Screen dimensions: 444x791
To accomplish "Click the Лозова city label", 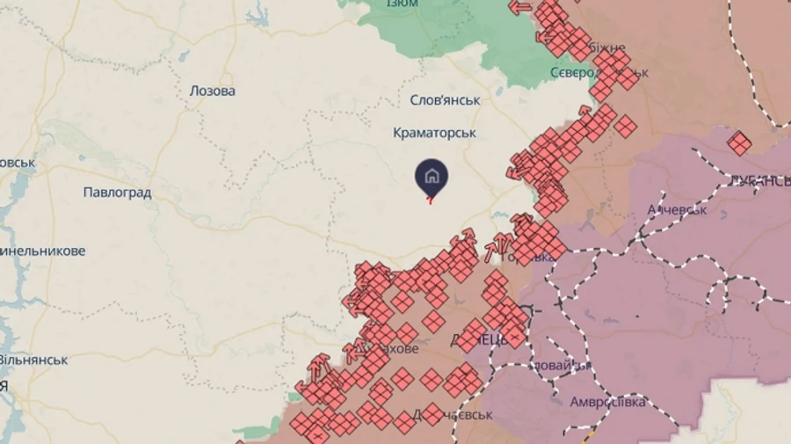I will click(213, 91).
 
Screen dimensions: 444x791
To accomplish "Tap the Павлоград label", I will click(117, 192).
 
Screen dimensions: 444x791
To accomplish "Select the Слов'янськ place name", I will click(446, 100).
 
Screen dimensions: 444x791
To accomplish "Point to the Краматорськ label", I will click(434, 133).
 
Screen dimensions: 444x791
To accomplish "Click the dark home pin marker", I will click(432, 177).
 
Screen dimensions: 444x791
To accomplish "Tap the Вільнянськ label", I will click(33, 360).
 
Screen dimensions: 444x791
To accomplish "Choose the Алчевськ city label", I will click(677, 210).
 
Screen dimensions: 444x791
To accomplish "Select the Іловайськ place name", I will click(562, 365).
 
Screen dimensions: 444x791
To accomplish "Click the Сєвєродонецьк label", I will click(598, 72).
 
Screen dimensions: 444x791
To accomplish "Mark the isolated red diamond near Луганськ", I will click(739, 142).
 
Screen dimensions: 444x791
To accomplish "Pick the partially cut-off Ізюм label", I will click(402, 4).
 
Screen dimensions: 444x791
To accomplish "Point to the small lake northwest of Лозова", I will click(182, 55).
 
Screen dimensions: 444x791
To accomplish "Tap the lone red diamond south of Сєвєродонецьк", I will click(625, 127).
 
